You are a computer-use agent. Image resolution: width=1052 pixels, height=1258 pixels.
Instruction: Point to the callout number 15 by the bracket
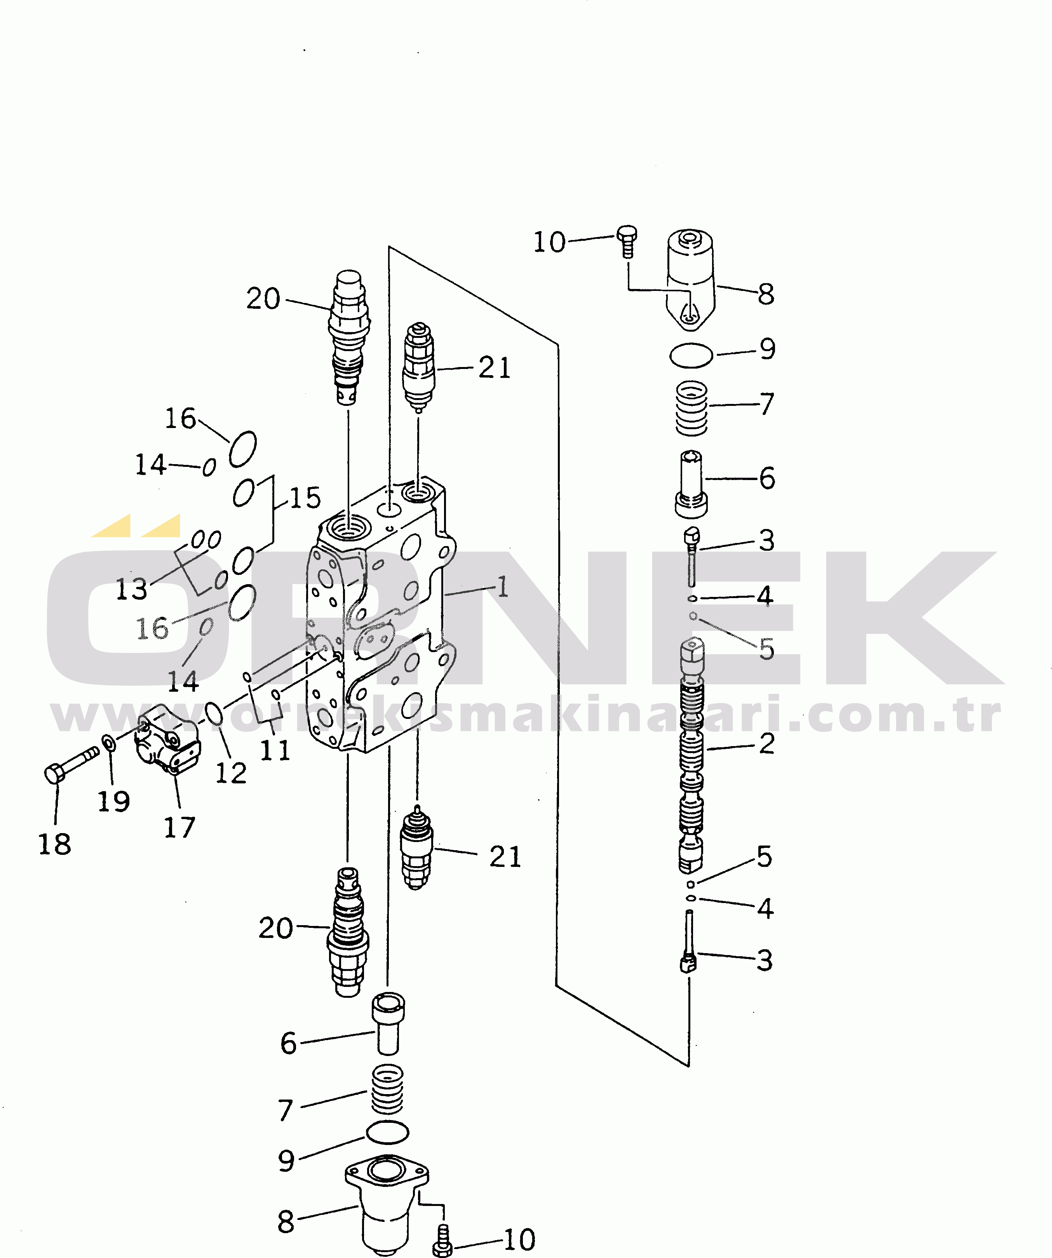(x=305, y=498)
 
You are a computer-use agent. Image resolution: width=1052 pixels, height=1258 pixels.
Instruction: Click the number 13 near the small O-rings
(x=131, y=589)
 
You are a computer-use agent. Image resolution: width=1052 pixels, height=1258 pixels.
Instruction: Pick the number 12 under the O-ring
(x=231, y=773)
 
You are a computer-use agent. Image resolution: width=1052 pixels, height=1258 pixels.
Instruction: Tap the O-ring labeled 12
(x=214, y=714)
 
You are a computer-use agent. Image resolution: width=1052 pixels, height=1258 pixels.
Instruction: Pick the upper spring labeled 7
(x=691, y=409)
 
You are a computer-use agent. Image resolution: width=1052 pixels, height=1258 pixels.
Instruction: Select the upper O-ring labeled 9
(x=691, y=356)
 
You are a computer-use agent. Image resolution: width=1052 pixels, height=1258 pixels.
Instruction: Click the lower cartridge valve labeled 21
(x=417, y=847)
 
